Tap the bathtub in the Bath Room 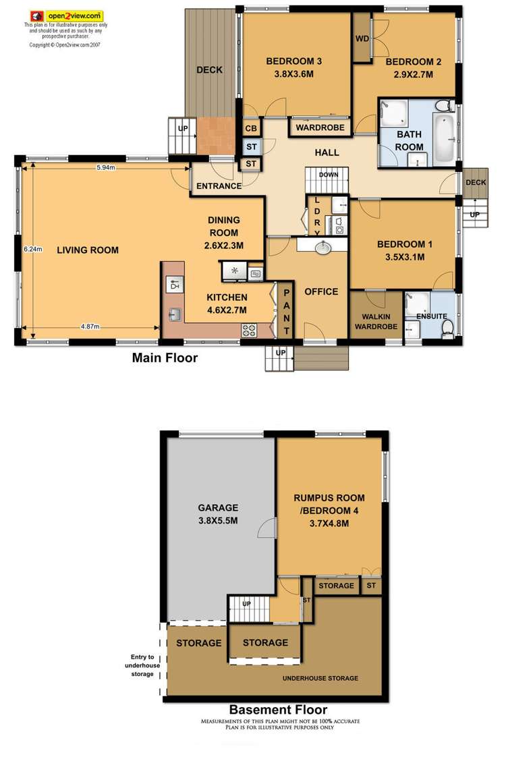(444, 138)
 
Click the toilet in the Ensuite (447, 327)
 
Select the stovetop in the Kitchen (249, 331)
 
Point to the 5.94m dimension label (105, 167)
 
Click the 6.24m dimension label (32, 248)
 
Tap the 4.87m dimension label (90, 327)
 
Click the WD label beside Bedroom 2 (362, 38)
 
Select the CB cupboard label (250, 128)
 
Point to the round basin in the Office (323, 248)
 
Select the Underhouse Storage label (320, 678)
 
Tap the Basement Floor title (278, 709)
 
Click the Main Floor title (165, 358)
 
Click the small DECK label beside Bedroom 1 (476, 182)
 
